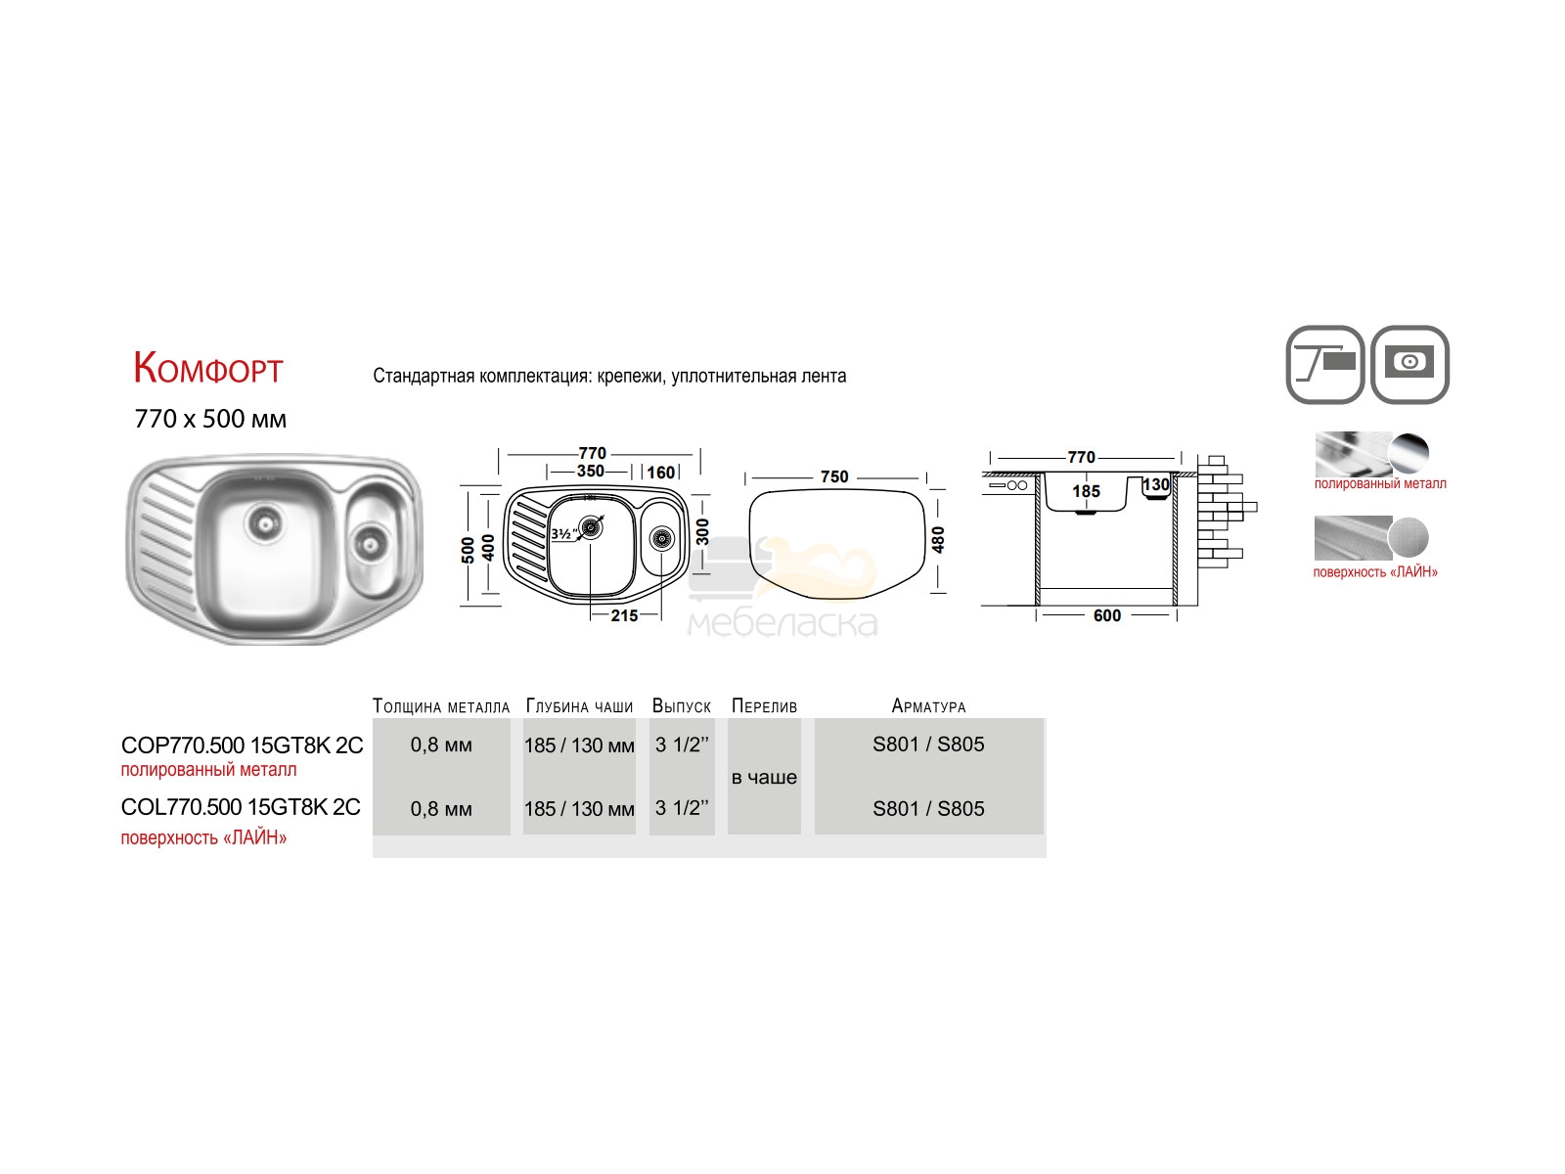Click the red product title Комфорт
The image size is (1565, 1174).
(208, 369)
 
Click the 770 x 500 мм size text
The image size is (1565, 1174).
(210, 419)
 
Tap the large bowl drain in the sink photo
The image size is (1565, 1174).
(266, 524)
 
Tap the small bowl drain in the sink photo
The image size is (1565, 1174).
(370, 545)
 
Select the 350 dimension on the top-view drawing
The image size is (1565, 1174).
(591, 472)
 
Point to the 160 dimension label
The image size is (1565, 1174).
(661, 473)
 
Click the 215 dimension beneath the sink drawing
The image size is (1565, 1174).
(624, 615)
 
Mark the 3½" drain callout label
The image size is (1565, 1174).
(563, 534)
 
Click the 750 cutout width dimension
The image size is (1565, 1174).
(834, 476)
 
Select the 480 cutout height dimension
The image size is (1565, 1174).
(938, 540)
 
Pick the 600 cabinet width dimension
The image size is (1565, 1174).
(1106, 615)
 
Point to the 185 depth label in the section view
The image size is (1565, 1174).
(1086, 491)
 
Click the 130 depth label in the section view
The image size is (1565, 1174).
(1156, 484)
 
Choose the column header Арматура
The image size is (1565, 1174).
(928, 706)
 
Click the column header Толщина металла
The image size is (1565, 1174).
(440, 706)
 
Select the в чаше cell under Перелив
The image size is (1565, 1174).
(764, 777)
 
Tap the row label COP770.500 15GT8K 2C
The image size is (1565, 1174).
(243, 745)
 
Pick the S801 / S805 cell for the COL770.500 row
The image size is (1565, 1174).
(928, 808)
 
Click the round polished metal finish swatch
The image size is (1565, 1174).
(1408, 453)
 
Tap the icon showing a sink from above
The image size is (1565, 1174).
(1409, 364)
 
